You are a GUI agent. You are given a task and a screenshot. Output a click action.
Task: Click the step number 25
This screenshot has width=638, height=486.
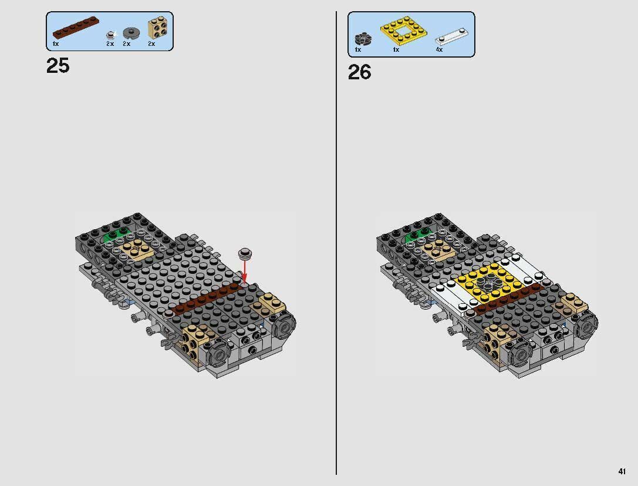(x=58, y=66)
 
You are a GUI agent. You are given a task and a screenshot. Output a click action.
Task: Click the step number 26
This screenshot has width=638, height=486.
(x=359, y=72)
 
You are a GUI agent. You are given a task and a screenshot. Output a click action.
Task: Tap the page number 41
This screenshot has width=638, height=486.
(x=622, y=471)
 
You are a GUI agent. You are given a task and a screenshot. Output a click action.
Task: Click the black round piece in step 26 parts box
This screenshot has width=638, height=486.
(x=360, y=39)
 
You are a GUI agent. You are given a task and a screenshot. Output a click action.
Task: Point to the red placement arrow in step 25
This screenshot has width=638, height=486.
(x=245, y=270)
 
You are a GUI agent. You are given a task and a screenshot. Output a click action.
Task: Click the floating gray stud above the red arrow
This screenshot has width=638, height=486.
(x=245, y=253)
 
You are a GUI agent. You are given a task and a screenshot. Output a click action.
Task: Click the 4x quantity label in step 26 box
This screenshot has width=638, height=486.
(x=438, y=50)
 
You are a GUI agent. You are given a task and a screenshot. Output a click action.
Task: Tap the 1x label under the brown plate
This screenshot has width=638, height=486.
(x=55, y=44)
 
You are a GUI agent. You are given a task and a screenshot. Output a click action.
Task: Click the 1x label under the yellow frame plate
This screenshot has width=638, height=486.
(x=396, y=50)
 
